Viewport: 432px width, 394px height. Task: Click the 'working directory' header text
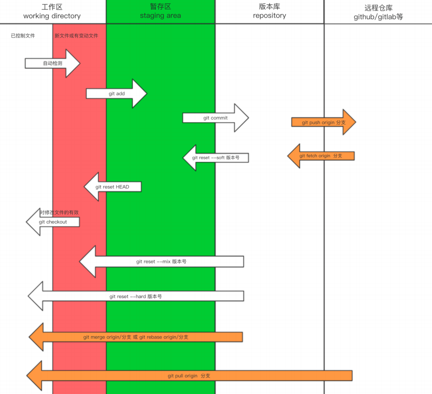pos(52,16)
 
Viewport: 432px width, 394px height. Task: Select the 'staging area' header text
pos(160,16)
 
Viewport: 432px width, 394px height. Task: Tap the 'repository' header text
pos(269,15)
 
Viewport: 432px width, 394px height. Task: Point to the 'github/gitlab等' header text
pos(378,17)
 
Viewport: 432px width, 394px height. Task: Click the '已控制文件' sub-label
pos(23,36)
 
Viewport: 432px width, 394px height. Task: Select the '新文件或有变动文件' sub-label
pos(76,36)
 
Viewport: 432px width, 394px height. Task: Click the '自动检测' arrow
pos(52,63)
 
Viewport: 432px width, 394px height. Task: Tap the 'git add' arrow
pos(117,93)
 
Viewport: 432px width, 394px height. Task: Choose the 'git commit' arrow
pos(216,118)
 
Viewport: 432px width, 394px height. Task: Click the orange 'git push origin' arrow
pos(323,122)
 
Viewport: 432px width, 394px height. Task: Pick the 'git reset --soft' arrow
pos(216,158)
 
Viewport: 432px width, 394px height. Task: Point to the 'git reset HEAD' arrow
pos(112,187)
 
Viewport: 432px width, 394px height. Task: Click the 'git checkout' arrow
pos(52,222)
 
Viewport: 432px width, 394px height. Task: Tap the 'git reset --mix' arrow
pos(161,262)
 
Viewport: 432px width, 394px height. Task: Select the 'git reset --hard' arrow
pos(136,296)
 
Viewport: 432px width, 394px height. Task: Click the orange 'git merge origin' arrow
pos(136,337)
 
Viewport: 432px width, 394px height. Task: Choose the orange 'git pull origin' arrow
pos(189,375)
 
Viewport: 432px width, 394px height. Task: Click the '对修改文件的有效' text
pos(59,213)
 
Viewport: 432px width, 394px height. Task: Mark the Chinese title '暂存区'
pos(160,7)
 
